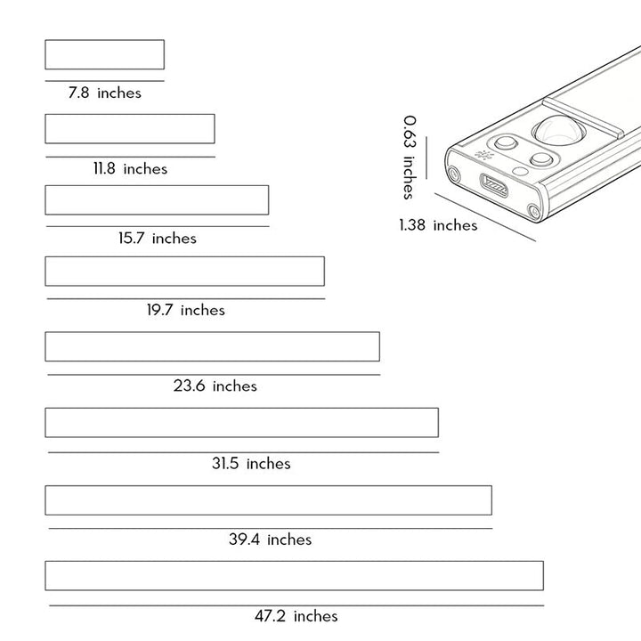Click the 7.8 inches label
105,93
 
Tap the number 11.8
104,168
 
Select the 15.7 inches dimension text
158,238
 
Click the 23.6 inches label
215,385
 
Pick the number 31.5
225,463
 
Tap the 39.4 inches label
271,540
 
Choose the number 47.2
270,616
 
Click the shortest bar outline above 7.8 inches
105,40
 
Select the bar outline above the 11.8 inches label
130,115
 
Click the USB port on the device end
494,185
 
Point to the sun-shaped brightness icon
484,155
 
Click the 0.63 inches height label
410,158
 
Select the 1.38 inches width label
438,225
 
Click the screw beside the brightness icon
453,174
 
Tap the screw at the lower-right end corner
533,211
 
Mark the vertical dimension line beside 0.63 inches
426,158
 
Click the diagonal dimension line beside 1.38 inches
485,217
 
